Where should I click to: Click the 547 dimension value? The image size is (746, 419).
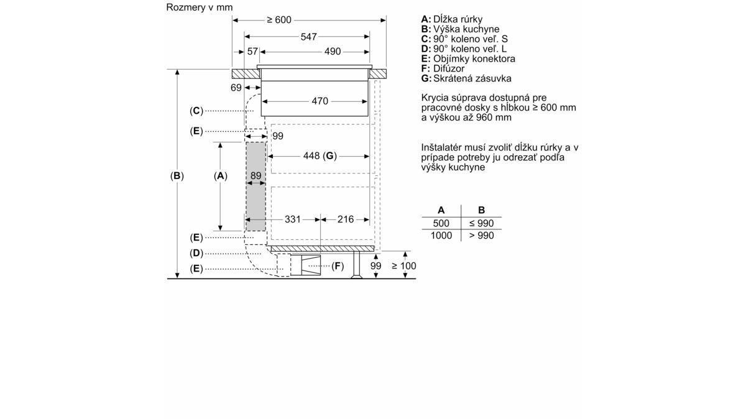tap(308, 37)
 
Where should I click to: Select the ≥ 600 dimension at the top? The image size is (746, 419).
tap(279, 20)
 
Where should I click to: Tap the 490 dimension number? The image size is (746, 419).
tap(333, 52)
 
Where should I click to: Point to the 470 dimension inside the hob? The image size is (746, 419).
tap(320, 101)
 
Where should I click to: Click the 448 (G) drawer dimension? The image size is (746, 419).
tap(320, 156)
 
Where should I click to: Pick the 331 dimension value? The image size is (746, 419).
tap(292, 219)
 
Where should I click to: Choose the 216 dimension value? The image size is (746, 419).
tap(346, 219)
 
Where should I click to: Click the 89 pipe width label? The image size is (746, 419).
tap(256, 175)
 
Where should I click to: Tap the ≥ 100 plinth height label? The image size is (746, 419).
tap(404, 266)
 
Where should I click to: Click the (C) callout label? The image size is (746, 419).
tap(196, 111)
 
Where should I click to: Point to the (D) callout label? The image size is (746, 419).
tap(196, 254)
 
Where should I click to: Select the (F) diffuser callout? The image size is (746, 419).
tap(338, 266)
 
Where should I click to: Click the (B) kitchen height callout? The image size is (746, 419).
tap(177, 176)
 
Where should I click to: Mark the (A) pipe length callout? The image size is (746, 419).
tap(221, 176)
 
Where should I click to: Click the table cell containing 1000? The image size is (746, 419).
tap(441, 236)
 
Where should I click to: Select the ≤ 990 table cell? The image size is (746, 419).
tap(481, 223)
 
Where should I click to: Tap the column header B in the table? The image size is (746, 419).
tap(481, 210)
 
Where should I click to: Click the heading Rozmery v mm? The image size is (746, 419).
tap(200, 7)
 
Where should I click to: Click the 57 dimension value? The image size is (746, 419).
tap(252, 52)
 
